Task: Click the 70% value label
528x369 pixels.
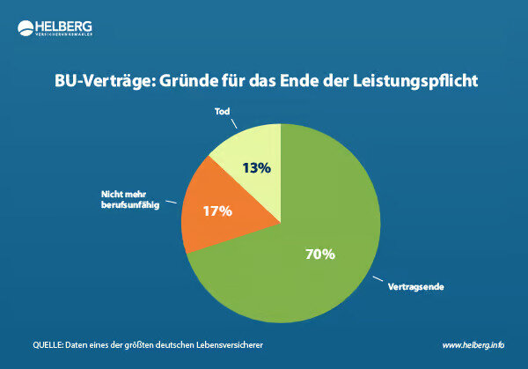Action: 320,255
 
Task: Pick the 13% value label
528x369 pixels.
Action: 256,167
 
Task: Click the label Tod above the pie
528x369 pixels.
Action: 223,112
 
